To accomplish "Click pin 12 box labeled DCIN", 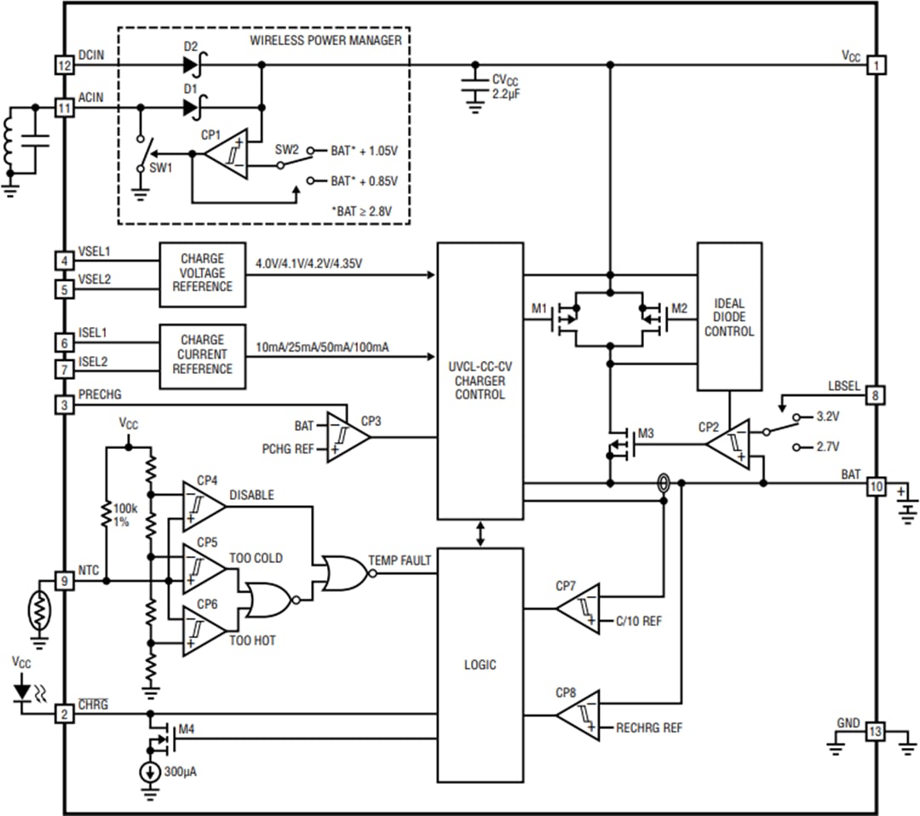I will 65,65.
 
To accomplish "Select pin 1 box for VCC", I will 877,65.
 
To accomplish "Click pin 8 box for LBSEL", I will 877,395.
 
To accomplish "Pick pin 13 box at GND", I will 877,732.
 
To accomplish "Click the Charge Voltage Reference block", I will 202,273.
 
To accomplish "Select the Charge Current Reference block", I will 202,354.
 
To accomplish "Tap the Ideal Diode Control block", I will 729,316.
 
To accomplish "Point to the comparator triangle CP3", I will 348,438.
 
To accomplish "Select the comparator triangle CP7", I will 579,609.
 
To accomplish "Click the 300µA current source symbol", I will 150,773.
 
